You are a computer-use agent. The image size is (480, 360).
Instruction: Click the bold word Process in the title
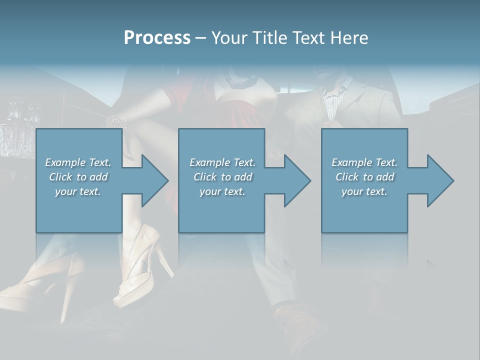pyautogui.click(x=157, y=38)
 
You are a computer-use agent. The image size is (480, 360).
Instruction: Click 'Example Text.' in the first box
pyautogui.click(x=78, y=162)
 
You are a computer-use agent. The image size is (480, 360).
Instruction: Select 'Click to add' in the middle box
pyautogui.click(x=222, y=177)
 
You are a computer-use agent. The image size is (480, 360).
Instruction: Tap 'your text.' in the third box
pyautogui.click(x=364, y=191)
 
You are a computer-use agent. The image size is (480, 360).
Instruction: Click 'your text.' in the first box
pyautogui.click(x=78, y=191)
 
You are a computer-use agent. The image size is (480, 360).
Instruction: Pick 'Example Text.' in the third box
pyautogui.click(x=364, y=162)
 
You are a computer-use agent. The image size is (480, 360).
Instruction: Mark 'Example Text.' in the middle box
pyautogui.click(x=222, y=162)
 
